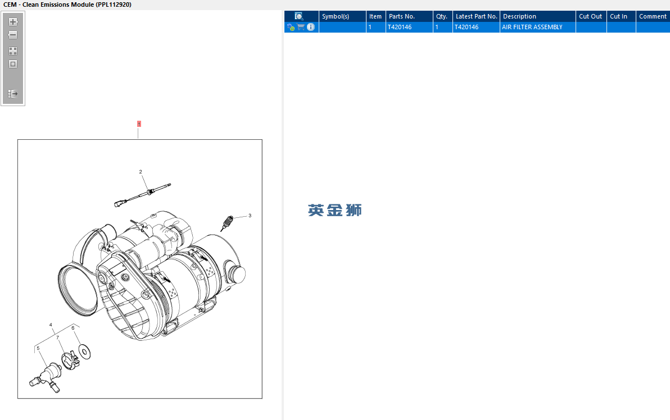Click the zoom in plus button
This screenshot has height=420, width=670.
coord(13,22)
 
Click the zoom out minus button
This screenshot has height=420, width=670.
coord(13,35)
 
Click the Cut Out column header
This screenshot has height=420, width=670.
coord(591,16)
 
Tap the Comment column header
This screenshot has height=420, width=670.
coord(653,16)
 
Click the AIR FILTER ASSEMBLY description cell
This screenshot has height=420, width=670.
coord(532,27)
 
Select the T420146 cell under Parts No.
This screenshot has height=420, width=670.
coord(400,27)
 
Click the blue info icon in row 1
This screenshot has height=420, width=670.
coord(311,27)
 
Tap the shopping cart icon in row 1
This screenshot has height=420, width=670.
coord(301,27)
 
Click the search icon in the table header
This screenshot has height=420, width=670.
coord(299,16)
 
